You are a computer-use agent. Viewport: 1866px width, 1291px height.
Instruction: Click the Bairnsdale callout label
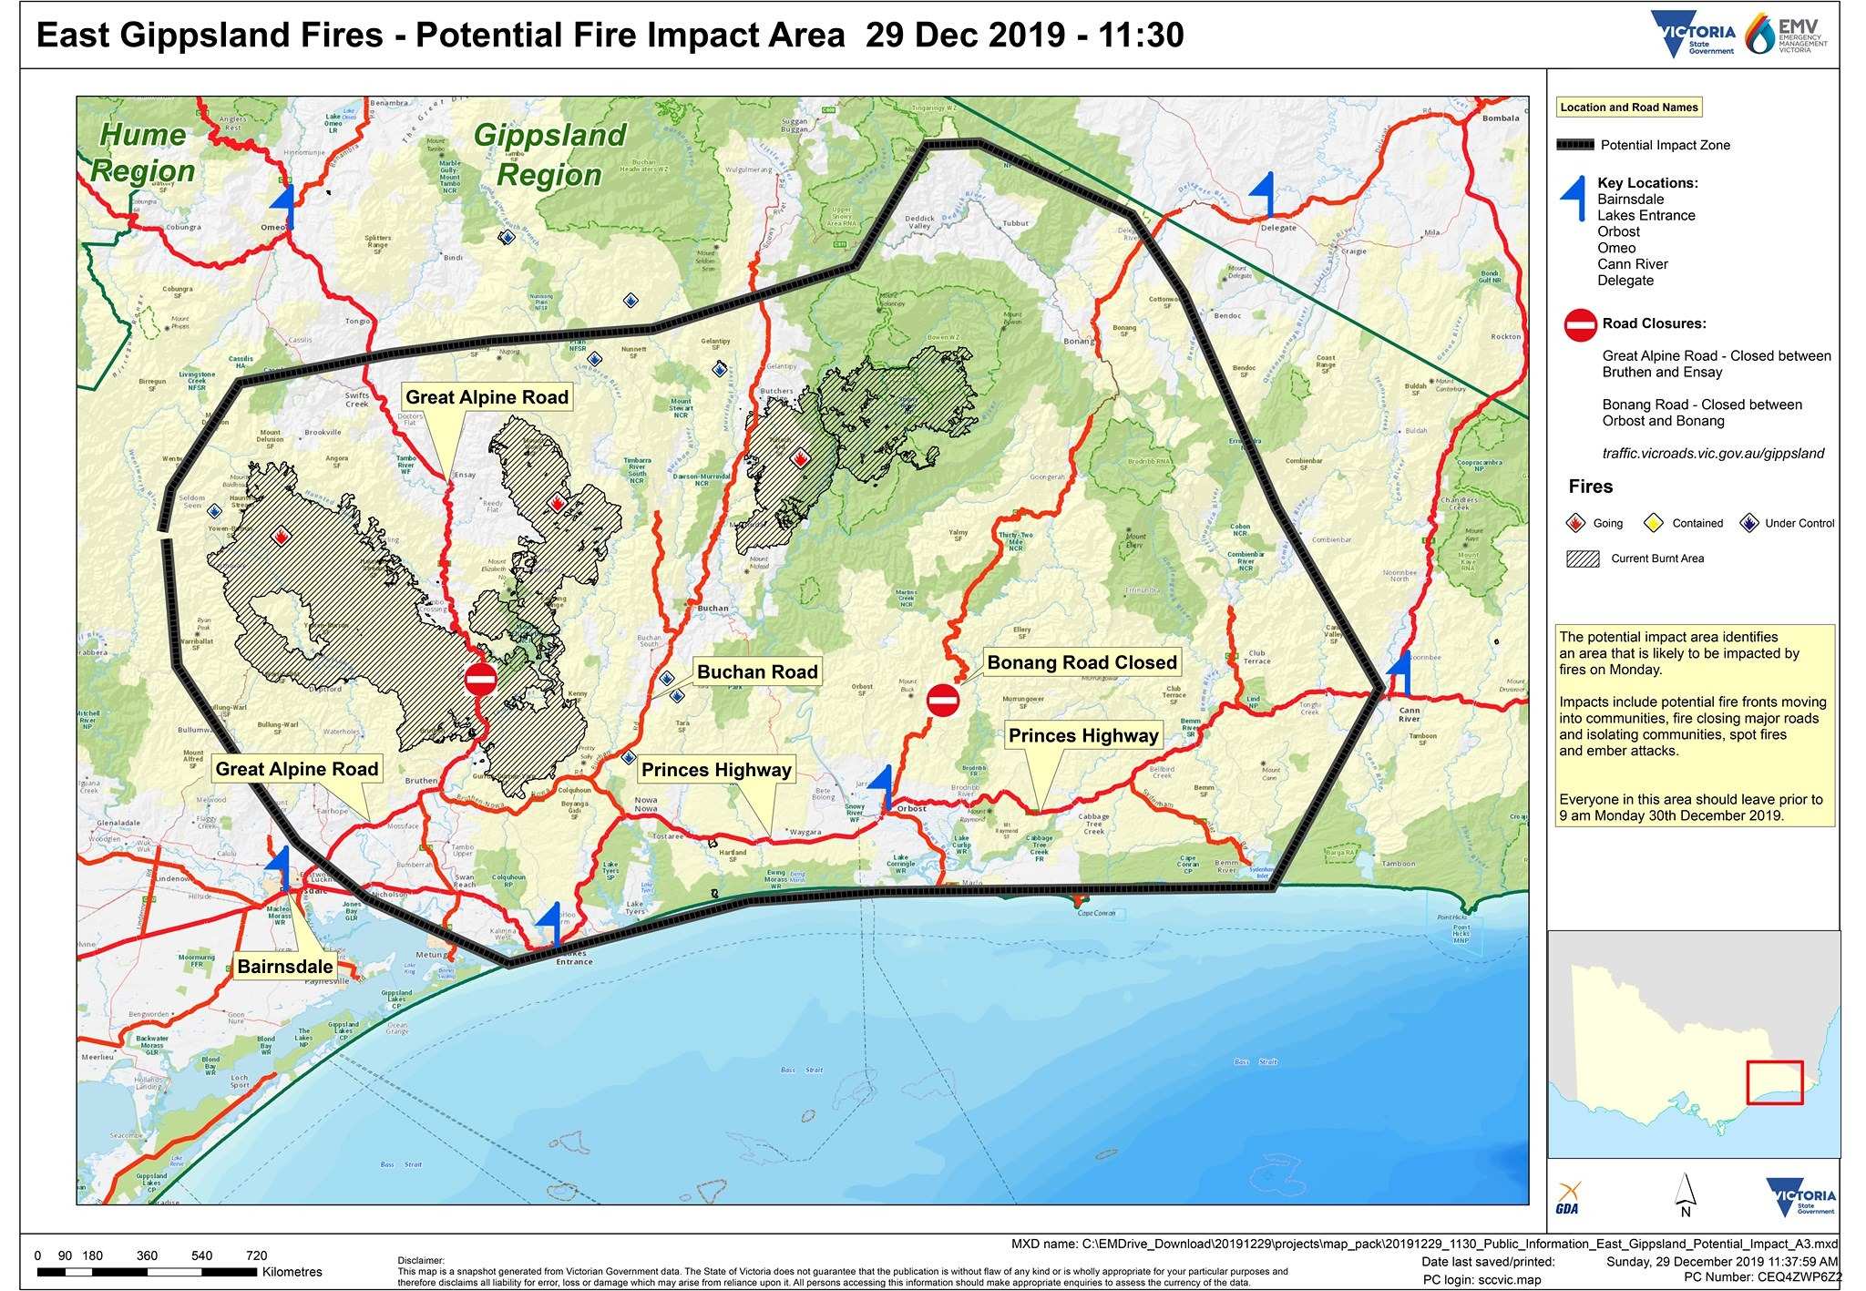point(285,967)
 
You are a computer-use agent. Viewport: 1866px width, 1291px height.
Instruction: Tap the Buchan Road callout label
point(757,672)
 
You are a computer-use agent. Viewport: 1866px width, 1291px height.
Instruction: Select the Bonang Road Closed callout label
point(1082,662)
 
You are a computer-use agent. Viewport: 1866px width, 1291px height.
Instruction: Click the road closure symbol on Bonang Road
point(943,701)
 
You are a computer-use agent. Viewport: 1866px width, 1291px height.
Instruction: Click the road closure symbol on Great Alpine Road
point(480,679)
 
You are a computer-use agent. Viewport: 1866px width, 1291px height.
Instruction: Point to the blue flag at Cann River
point(1400,673)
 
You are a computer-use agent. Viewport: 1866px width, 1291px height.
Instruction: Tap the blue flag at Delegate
point(1264,193)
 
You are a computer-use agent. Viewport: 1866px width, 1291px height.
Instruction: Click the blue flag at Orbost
point(882,786)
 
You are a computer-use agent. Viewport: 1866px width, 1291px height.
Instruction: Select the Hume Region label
point(142,152)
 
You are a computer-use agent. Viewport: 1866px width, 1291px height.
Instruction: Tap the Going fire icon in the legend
point(1575,523)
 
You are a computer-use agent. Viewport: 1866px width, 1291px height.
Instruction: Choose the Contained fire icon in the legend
point(1653,523)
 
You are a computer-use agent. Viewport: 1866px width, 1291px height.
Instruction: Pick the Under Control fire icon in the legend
point(1748,523)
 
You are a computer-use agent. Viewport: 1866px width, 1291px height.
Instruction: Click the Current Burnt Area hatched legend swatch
point(1583,558)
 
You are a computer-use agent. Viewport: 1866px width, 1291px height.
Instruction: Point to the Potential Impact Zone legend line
point(1575,145)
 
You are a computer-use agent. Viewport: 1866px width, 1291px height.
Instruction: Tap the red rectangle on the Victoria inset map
point(1774,1081)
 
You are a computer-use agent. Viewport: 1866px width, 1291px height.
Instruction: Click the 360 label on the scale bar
point(147,1255)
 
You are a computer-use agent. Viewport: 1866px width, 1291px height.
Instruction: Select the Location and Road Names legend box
point(1629,108)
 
